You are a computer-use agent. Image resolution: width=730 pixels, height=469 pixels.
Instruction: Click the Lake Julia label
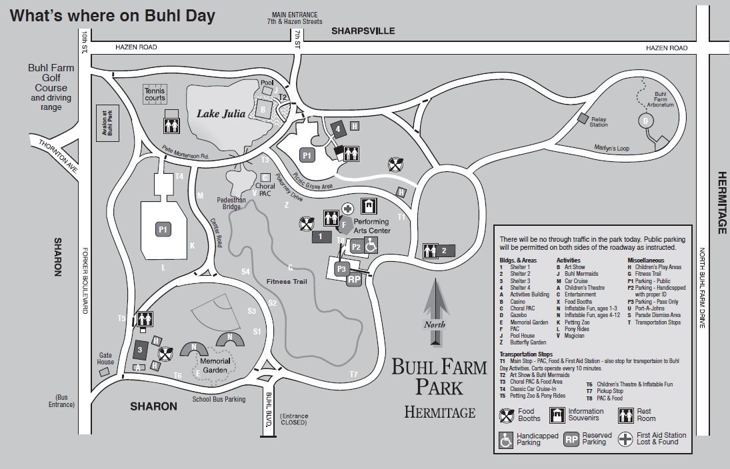[217, 114]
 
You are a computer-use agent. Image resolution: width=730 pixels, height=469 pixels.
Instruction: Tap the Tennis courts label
[155, 95]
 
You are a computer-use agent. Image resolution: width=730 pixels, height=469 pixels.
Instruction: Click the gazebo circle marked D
[645, 121]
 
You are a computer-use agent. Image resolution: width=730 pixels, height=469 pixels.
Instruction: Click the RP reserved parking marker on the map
[354, 280]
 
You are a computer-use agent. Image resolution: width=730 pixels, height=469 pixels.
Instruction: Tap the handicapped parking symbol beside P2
[372, 246]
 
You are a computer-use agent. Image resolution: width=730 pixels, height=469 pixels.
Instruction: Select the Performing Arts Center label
[371, 226]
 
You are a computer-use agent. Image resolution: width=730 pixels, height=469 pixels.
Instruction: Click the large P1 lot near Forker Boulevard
[162, 229]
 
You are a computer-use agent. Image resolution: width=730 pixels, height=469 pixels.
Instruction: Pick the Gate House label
[105, 358]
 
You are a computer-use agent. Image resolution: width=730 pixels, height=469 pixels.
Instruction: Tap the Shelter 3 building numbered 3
[140, 349]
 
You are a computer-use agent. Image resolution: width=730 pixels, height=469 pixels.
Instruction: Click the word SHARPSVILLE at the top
[363, 31]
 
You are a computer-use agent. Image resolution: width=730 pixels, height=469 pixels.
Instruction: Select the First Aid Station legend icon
[626, 438]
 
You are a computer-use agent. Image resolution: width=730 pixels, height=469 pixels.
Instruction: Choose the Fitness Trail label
[286, 281]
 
